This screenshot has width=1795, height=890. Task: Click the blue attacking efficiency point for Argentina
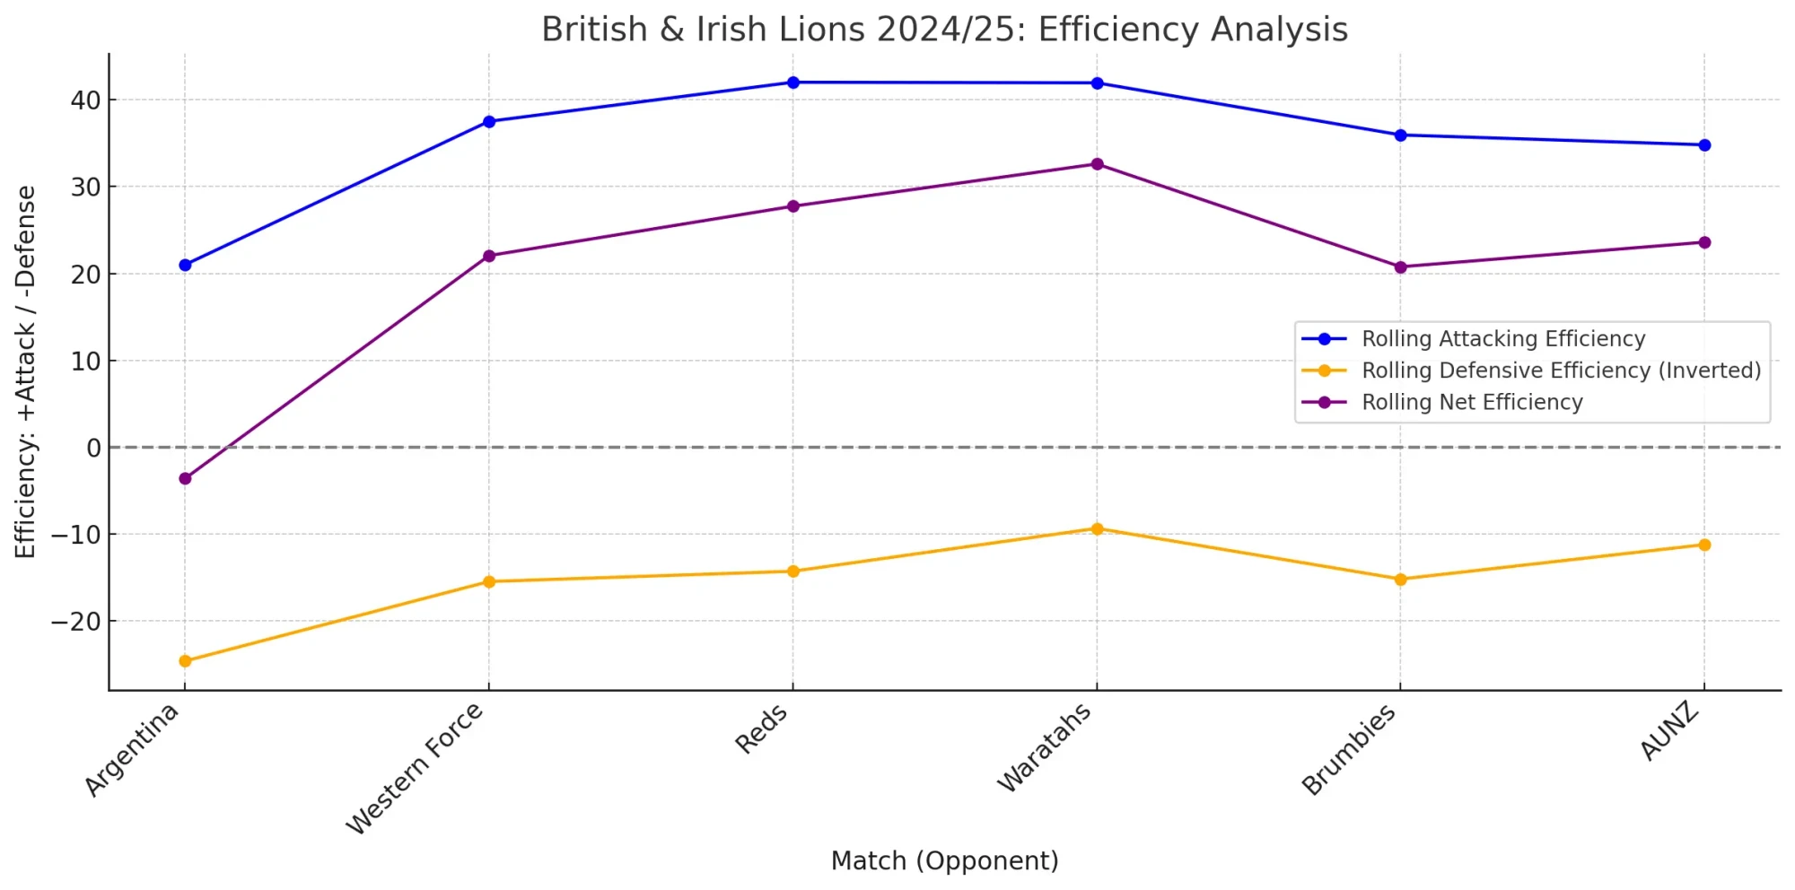point(185,265)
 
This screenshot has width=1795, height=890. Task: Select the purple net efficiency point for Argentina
point(185,478)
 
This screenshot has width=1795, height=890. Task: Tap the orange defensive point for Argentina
point(185,661)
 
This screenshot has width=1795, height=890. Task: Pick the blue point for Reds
point(793,83)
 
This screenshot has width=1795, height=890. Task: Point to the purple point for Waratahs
point(1097,164)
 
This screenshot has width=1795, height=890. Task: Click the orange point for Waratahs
point(1097,529)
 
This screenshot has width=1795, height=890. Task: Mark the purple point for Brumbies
point(1400,267)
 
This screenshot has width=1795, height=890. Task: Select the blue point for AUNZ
point(1704,144)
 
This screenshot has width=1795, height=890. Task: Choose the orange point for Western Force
point(489,581)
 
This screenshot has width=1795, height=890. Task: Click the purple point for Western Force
point(489,256)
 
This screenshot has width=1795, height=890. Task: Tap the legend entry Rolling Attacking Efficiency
point(1503,339)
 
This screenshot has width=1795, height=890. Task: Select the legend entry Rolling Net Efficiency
point(1472,403)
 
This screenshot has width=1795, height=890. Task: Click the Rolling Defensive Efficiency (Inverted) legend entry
point(1561,371)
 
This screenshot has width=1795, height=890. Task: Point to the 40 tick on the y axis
point(86,100)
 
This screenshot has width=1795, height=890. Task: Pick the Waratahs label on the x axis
point(1045,747)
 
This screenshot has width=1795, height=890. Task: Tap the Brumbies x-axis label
point(1349,749)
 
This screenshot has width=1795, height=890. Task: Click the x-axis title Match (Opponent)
point(944,860)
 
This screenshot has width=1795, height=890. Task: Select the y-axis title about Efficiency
point(25,371)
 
